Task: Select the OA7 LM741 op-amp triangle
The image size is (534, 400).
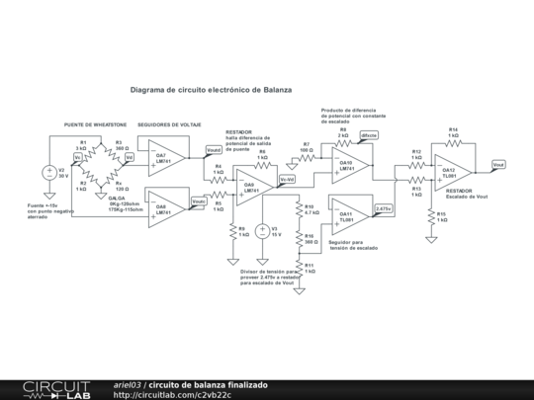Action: click(163, 158)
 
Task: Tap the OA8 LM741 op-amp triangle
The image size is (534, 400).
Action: click(163, 207)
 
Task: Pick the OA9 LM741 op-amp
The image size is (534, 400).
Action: click(251, 186)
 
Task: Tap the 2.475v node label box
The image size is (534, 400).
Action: click(384, 209)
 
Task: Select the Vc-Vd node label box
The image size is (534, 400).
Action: click(287, 179)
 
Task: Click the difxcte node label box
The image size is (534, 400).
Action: click(369, 134)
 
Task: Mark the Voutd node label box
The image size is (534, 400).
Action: click(214, 150)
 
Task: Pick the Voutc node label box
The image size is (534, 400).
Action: click(199, 200)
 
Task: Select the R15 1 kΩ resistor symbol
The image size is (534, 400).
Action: click(430, 216)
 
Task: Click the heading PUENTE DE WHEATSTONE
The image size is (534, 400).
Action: click(95, 125)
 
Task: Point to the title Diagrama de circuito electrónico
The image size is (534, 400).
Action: click(211, 89)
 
